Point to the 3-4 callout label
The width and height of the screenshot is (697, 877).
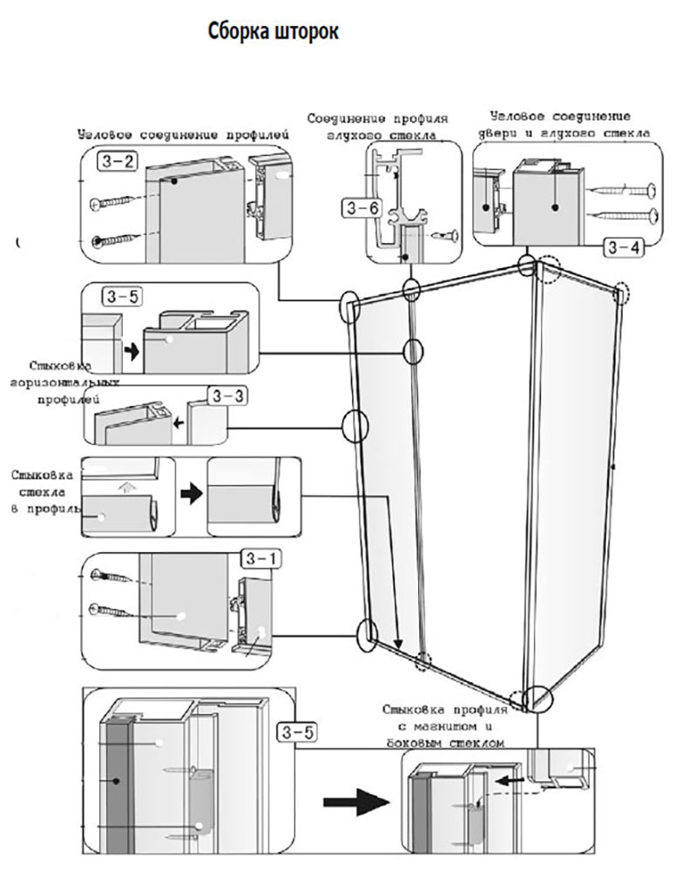click(623, 247)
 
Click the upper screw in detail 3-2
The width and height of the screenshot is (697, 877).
click(113, 203)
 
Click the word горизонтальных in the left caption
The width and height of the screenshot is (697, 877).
click(63, 384)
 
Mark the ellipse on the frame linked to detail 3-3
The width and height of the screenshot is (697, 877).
click(355, 426)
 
